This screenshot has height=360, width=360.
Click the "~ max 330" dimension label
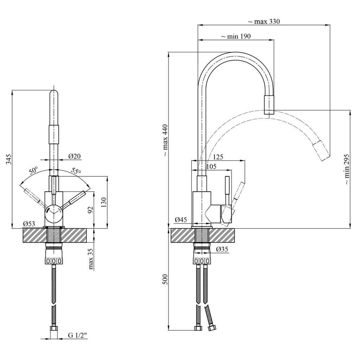pyautogui.click(x=264, y=21)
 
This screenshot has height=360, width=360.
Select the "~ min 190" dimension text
pyautogui.click(x=236, y=36)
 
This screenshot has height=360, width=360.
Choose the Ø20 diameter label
pyautogui.click(x=75, y=156)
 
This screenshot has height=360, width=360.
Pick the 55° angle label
pyautogui.click(x=76, y=171)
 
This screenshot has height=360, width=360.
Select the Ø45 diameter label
pyautogui.click(x=181, y=220)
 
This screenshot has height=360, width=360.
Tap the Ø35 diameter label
pyautogui.click(x=222, y=249)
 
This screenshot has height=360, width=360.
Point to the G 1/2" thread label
pyautogui.click(x=78, y=335)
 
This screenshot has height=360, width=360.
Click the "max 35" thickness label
pyautogui.click(x=91, y=259)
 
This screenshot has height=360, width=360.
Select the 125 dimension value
pyautogui.click(x=218, y=157)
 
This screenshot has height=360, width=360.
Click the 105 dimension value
pyautogui.click(x=211, y=166)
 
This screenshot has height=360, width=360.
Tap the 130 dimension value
pyautogui.click(x=104, y=202)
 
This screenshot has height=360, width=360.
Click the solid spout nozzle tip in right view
pyautogui.click(x=269, y=105)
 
